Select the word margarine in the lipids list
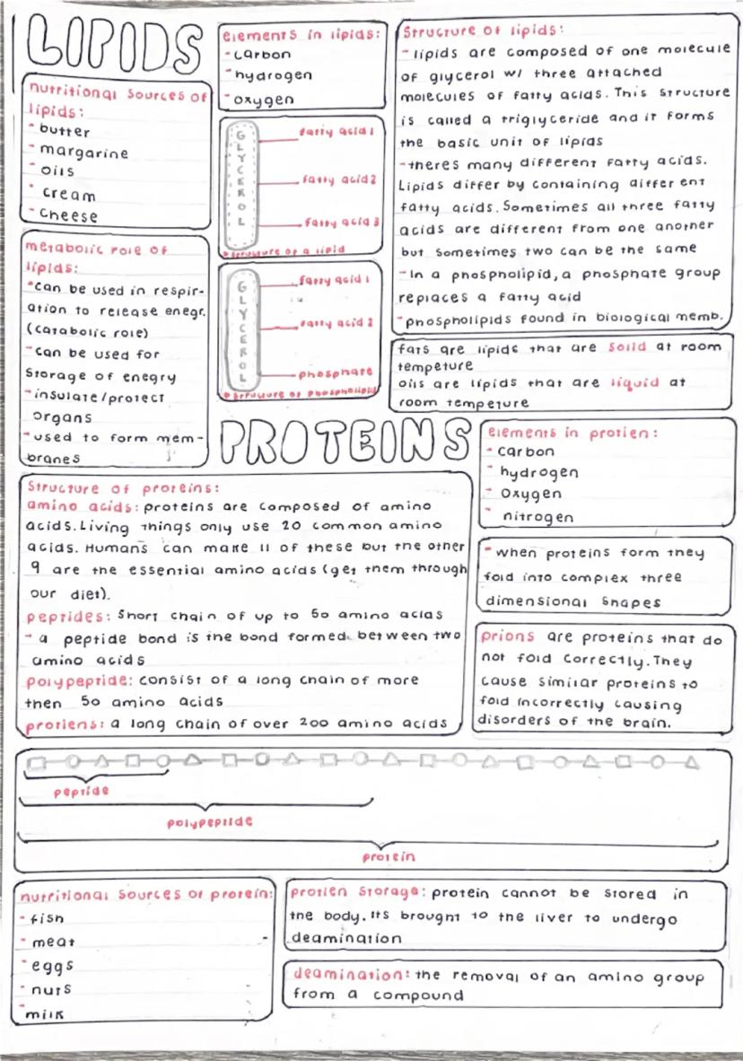click(84, 152)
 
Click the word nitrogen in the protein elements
click(538, 517)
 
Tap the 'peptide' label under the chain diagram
click(81, 792)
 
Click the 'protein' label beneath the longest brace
click(389, 857)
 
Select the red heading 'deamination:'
click(351, 974)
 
